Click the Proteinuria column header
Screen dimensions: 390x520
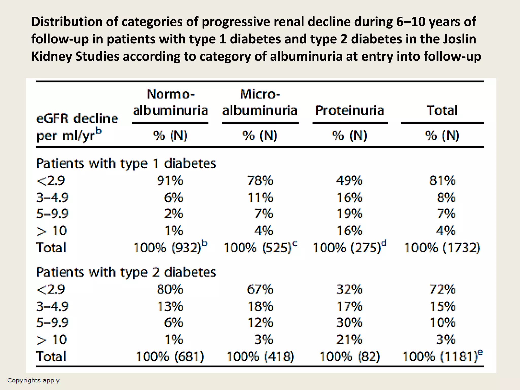(x=349, y=110)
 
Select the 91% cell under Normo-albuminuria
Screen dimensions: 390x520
(x=170, y=181)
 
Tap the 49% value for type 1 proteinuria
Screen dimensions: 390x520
(x=349, y=181)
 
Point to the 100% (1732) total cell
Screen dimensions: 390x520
(x=442, y=248)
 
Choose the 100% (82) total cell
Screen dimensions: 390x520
(x=349, y=356)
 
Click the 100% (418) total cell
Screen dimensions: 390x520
(x=260, y=356)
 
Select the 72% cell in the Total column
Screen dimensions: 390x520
(x=442, y=289)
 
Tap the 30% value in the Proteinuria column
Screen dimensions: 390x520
(x=349, y=323)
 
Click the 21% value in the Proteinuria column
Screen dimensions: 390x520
(x=349, y=339)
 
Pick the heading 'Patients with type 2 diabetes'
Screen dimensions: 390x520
(x=126, y=272)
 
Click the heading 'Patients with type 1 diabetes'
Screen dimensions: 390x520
(x=126, y=163)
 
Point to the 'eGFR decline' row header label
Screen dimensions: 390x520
(x=77, y=118)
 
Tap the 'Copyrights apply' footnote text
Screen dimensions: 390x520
(x=33, y=380)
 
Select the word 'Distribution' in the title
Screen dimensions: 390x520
(x=67, y=22)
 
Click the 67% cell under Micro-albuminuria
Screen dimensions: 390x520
(x=260, y=289)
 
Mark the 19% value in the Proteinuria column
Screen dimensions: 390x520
(x=349, y=214)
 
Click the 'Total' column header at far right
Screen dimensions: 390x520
(x=442, y=110)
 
